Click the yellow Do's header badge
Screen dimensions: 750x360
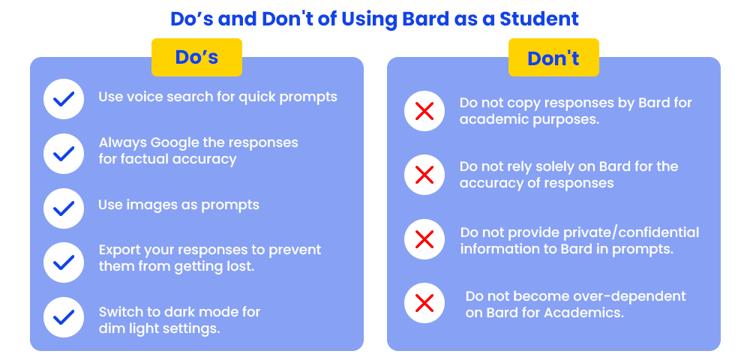tap(196, 57)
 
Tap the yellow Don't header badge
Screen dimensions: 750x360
tap(553, 57)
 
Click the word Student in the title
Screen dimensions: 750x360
tap(539, 19)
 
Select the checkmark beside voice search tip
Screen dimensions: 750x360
tap(64, 99)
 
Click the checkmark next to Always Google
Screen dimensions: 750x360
tap(64, 154)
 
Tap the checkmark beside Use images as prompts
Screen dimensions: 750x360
tap(64, 208)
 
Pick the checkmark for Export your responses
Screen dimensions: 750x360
tap(64, 262)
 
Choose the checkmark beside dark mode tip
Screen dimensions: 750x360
tap(64, 316)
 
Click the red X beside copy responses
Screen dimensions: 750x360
tap(424, 111)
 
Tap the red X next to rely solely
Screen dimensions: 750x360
tap(424, 175)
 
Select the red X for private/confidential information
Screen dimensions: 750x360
tap(424, 239)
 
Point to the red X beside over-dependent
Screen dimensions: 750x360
tap(424, 303)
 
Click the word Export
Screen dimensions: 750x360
tap(117, 250)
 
